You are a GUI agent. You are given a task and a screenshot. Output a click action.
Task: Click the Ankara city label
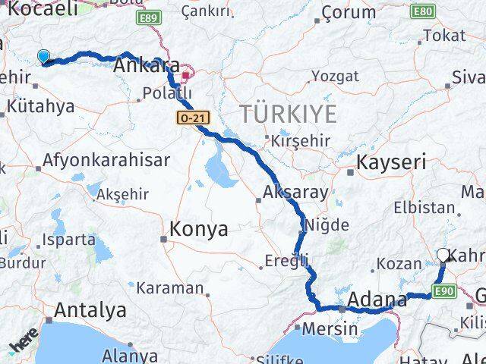click(147, 66)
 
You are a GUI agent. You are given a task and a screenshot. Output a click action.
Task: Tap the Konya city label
click(198, 229)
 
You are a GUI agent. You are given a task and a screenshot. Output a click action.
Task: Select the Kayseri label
click(391, 162)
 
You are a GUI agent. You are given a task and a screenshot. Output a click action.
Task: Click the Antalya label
click(90, 310)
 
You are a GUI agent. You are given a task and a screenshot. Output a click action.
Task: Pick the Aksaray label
click(296, 192)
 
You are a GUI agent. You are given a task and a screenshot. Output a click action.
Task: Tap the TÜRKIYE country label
click(289, 115)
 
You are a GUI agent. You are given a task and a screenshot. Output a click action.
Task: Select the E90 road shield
click(443, 290)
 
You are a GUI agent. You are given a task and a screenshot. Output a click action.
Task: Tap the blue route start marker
click(43, 56)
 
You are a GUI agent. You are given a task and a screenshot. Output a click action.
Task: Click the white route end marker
click(443, 256)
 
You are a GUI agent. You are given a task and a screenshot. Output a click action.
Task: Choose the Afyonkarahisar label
click(106, 161)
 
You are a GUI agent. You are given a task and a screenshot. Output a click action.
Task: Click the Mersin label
click(330, 329)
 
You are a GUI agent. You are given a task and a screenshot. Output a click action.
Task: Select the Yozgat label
click(334, 76)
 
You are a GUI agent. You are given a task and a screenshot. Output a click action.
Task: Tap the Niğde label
click(327, 224)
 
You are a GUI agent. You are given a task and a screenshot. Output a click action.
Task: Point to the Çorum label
click(349, 12)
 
